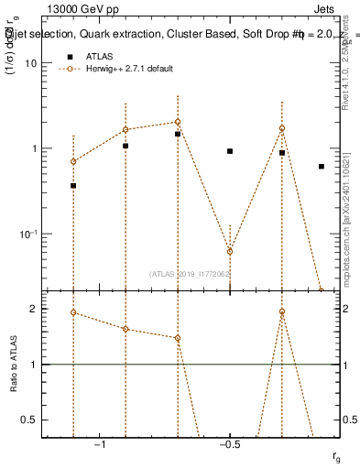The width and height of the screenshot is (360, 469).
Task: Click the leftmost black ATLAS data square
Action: pyautogui.click(x=73, y=185)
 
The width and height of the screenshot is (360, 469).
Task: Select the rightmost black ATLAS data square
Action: pyautogui.click(x=322, y=166)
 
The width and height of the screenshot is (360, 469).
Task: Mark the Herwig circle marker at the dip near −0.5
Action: pyautogui.click(x=230, y=251)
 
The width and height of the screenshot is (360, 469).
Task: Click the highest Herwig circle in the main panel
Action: pyautogui.click(x=178, y=122)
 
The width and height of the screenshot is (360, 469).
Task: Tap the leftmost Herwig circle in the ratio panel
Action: pyautogui.click(x=73, y=312)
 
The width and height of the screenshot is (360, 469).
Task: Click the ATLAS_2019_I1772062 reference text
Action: pyautogui.click(x=190, y=273)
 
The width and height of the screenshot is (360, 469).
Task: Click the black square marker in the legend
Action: pyautogui.click(x=70, y=57)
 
